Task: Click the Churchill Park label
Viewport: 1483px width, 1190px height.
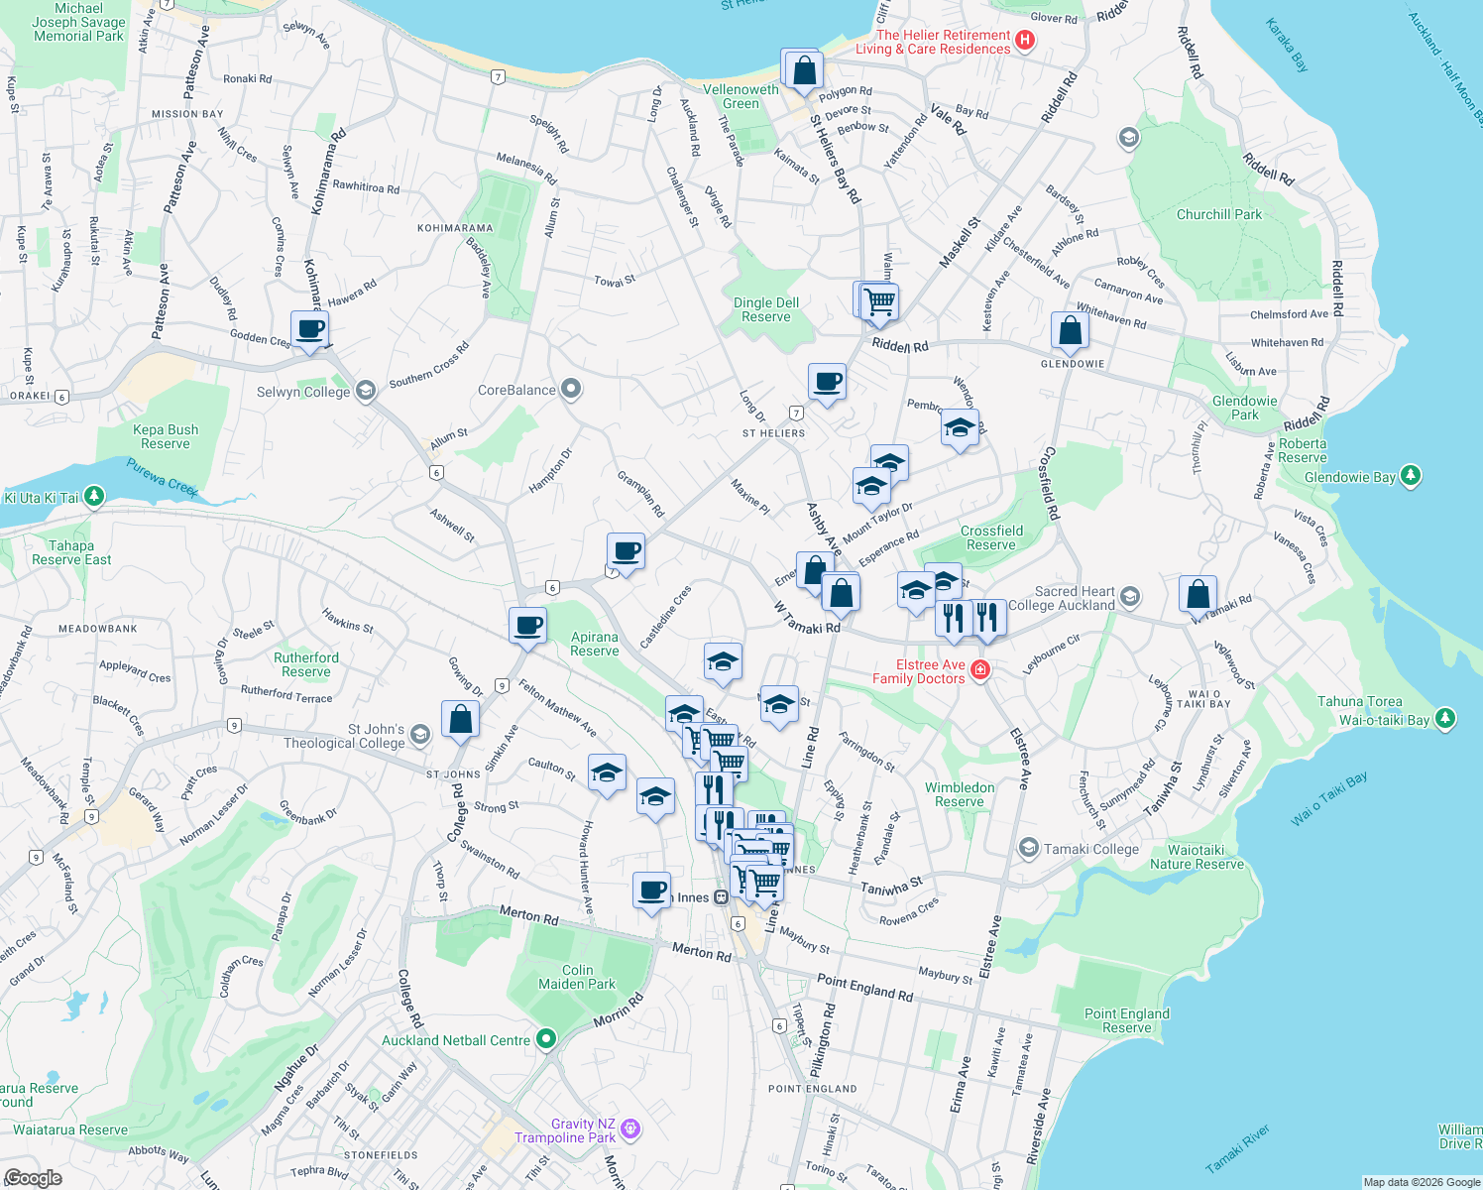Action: click(x=1219, y=214)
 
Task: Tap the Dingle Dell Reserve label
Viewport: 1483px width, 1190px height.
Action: click(x=766, y=309)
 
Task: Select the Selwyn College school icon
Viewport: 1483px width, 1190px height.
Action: click(x=366, y=391)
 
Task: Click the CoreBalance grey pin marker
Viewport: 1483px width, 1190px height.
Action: click(x=571, y=389)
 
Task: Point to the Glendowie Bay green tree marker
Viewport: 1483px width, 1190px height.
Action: click(x=1410, y=476)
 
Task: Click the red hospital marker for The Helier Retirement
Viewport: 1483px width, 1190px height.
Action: click(x=1026, y=41)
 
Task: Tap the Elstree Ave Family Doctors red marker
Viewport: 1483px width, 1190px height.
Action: click(x=980, y=670)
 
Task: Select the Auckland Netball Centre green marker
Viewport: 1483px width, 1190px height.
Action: click(x=546, y=1039)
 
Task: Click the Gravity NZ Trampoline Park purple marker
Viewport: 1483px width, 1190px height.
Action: click(x=630, y=1130)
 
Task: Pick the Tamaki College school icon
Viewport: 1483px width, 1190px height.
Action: click(x=1029, y=848)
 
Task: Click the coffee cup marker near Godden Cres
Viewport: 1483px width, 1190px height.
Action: click(x=309, y=328)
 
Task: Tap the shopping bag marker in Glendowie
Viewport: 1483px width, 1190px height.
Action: click(x=1071, y=330)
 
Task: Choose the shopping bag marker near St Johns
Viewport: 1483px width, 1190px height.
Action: click(x=460, y=719)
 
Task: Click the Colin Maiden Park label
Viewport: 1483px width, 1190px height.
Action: click(x=577, y=977)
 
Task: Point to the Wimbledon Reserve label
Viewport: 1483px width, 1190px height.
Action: click(x=960, y=794)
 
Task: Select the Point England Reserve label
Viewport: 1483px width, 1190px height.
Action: click(x=1127, y=1020)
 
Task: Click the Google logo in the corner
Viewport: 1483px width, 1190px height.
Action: click(x=33, y=1177)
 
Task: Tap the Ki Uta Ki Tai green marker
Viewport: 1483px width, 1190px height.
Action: click(x=94, y=495)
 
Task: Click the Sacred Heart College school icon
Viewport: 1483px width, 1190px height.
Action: click(x=1130, y=597)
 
